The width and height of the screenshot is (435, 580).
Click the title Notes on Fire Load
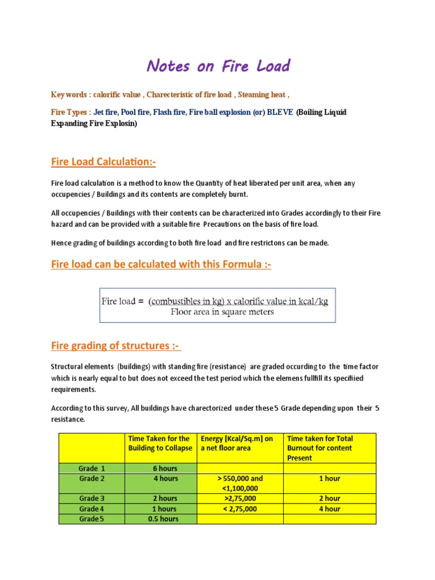[218, 66]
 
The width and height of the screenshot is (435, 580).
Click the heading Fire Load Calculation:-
[103, 163]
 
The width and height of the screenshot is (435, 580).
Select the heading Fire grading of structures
[116, 346]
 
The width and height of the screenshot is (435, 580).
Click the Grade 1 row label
[92, 468]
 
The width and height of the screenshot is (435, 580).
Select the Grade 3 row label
[92, 498]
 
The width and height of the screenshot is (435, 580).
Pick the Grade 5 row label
[92, 519]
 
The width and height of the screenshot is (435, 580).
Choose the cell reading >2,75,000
[241, 498]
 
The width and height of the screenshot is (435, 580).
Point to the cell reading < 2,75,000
[241, 509]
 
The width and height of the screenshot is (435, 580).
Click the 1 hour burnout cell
[330, 479]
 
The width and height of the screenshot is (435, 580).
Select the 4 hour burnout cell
[330, 509]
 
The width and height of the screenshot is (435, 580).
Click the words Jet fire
[105, 112]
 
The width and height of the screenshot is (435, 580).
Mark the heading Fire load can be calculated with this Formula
[161, 265]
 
